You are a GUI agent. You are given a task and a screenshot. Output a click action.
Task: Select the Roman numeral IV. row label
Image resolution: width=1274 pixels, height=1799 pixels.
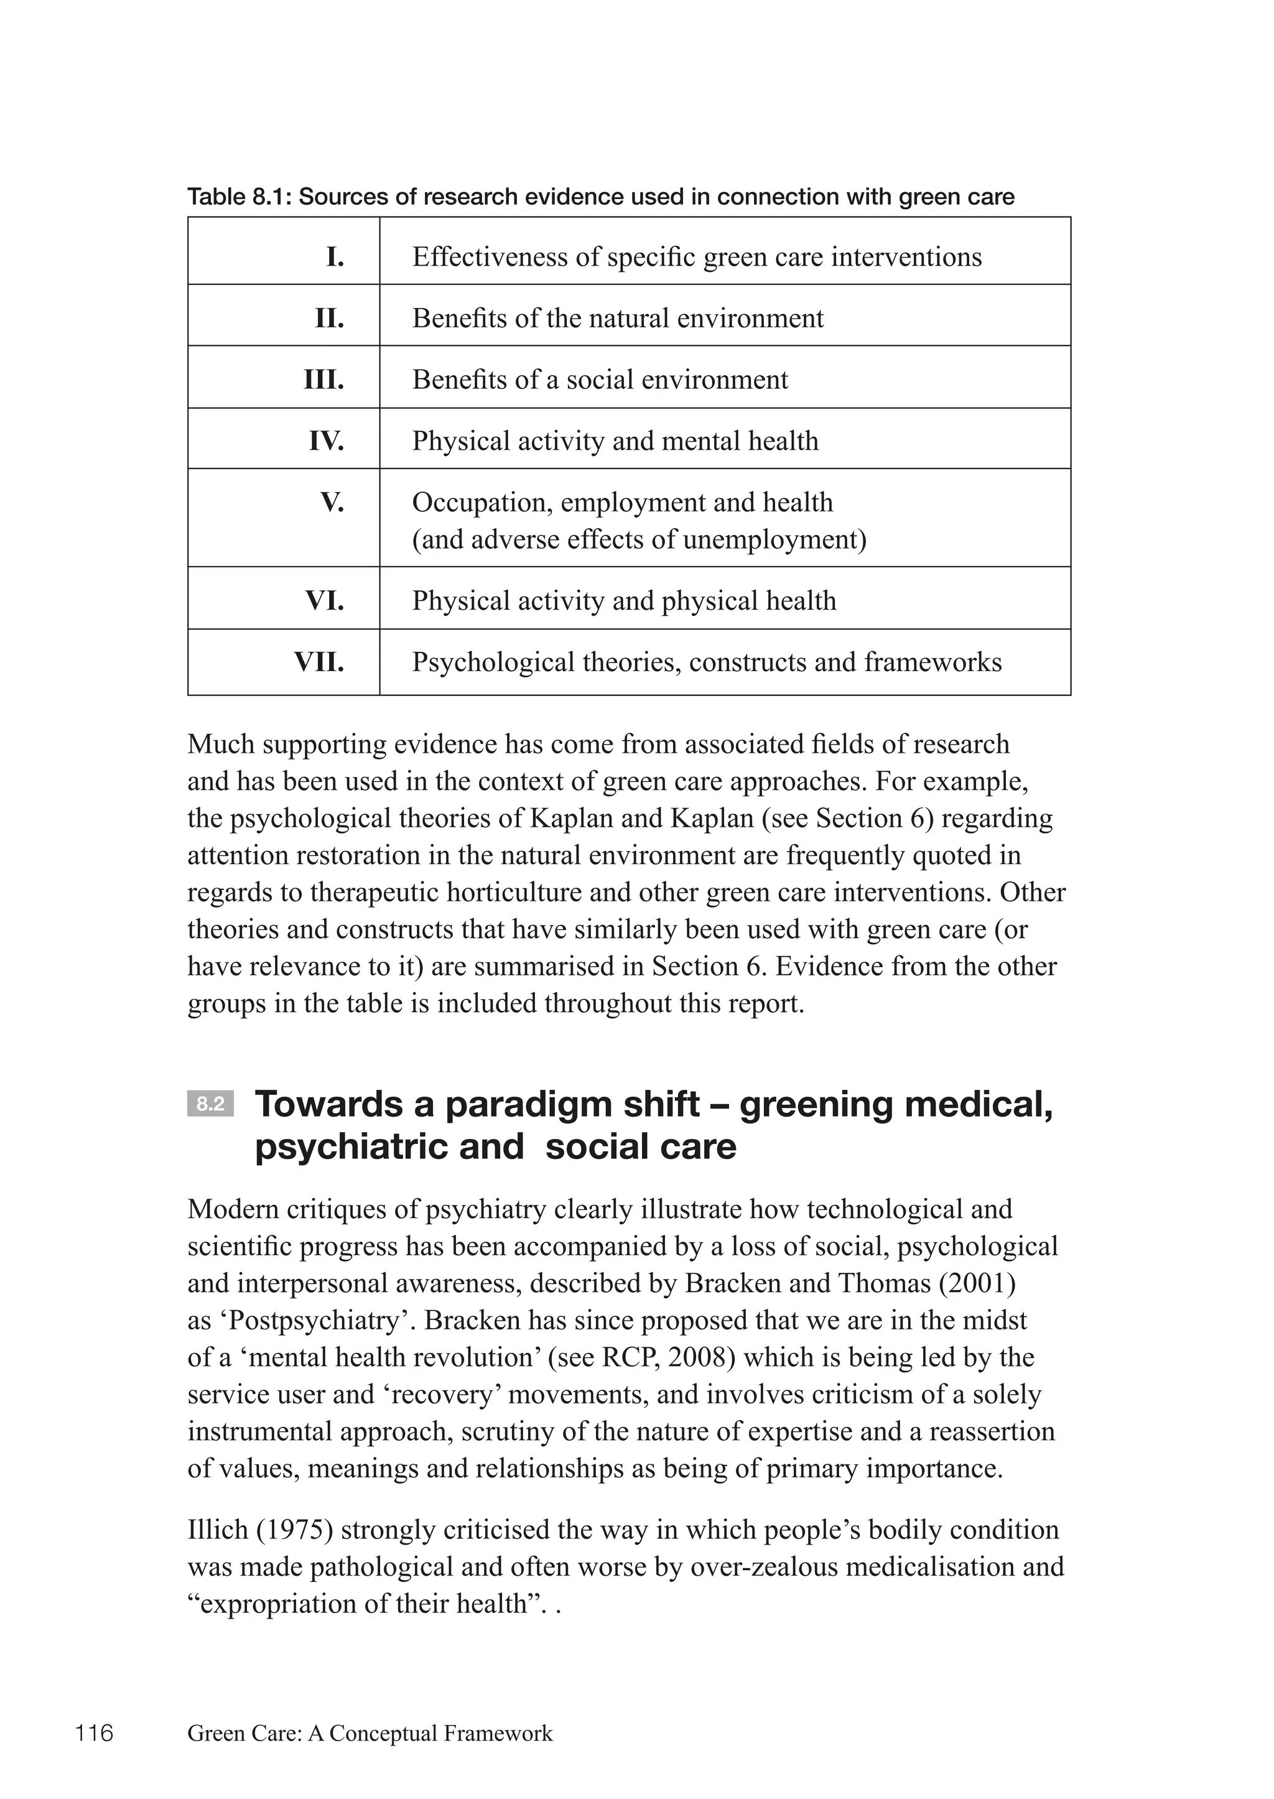pos(327,441)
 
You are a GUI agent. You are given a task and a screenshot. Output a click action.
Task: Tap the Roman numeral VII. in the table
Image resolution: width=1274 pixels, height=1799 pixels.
pos(318,662)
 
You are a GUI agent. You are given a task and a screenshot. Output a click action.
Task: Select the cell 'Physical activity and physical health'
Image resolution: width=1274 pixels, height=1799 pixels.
pos(624,601)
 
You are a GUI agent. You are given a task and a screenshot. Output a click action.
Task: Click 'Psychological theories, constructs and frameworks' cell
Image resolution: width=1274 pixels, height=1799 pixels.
pos(706,662)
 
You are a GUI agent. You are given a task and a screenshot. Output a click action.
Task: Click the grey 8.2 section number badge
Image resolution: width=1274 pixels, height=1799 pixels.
pos(210,1105)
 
